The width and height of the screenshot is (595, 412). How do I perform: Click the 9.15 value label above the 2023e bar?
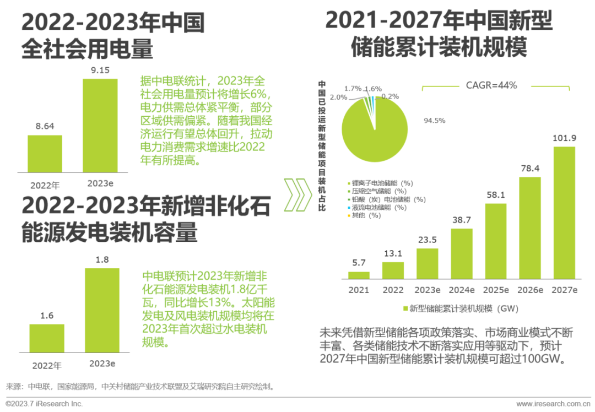coord(100,70)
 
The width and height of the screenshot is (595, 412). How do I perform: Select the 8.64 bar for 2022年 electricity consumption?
coord(45,154)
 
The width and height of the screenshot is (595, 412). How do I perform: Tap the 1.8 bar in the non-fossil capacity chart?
coord(102,310)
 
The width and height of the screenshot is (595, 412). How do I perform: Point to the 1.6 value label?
coord(47,315)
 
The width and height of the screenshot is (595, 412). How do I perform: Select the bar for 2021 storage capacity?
coord(359,275)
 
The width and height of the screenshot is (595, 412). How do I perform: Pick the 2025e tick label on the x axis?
coord(496,290)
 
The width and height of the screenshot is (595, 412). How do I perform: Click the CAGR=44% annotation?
coord(491,85)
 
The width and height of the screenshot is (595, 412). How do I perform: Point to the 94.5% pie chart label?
coord(435,121)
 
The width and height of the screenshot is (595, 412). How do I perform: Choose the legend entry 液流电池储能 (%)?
coord(378,208)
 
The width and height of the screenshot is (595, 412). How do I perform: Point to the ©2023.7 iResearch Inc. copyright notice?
coord(44,404)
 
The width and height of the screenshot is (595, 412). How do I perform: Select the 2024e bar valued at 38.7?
coord(462,254)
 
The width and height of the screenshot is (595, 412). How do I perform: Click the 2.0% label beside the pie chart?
coord(339,97)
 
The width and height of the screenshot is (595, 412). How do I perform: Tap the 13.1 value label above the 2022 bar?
coord(393,253)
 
